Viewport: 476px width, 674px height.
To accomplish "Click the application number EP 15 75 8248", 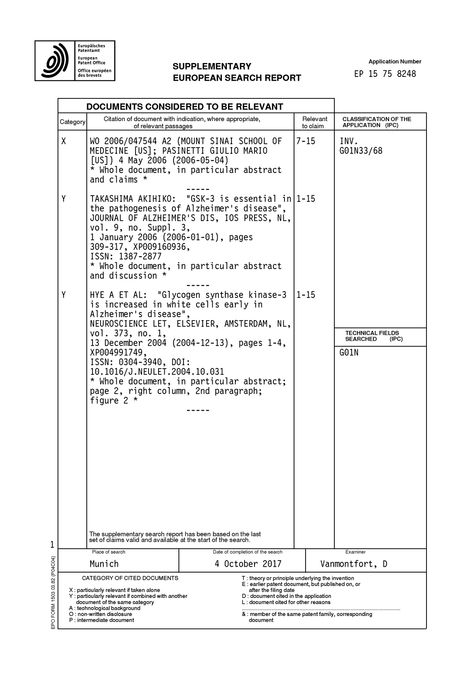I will click(385, 74).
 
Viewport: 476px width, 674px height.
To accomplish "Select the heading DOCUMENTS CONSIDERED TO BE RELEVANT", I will click(185, 106).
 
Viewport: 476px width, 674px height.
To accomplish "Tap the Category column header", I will click(72, 122).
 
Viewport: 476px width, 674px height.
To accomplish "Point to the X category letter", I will click(64, 141).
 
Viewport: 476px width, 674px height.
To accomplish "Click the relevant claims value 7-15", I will click(306, 141).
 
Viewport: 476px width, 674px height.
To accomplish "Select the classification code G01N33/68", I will click(361, 151).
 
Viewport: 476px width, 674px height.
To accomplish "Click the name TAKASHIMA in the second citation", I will click(111, 199).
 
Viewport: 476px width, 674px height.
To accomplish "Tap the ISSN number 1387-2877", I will click(140, 257).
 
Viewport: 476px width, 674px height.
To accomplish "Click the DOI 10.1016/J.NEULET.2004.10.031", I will click(157, 372).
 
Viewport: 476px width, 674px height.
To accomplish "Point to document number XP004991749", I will click(118, 353).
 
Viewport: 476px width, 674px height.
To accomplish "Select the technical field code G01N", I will click(349, 353).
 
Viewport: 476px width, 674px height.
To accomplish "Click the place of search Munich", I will click(104, 564).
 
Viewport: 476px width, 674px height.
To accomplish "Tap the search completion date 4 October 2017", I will click(248, 564).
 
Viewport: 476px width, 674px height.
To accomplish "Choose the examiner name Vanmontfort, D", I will click(354, 564).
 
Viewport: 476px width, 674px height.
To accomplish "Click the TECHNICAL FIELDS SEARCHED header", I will click(372, 336).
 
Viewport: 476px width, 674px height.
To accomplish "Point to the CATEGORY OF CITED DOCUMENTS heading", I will click(130, 578).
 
